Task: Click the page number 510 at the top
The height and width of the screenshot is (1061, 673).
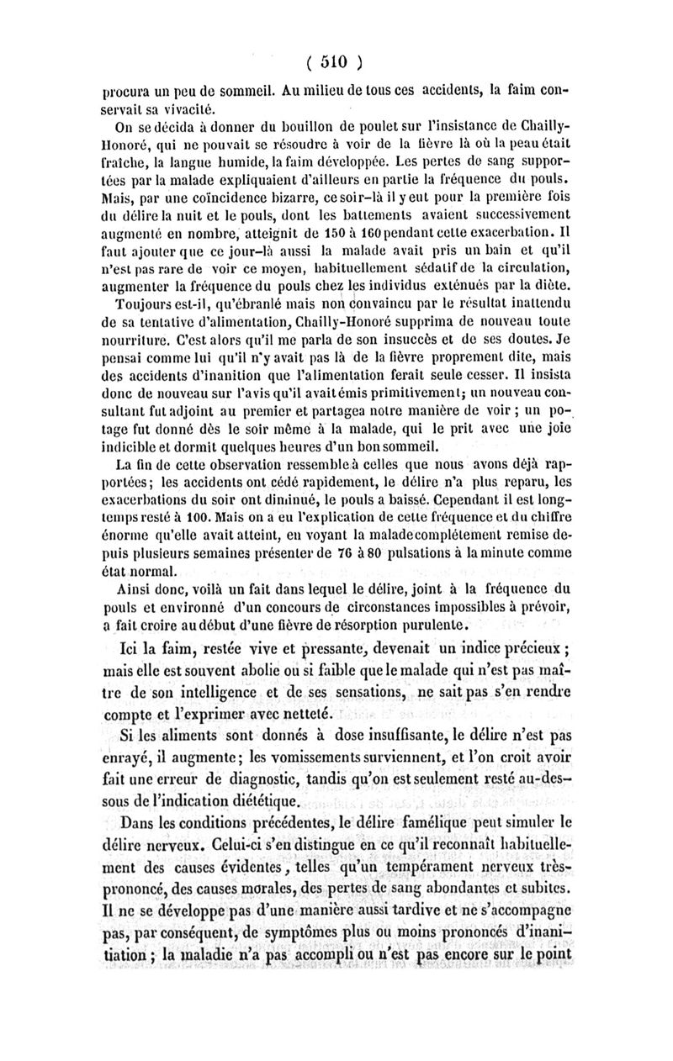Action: click(335, 61)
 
